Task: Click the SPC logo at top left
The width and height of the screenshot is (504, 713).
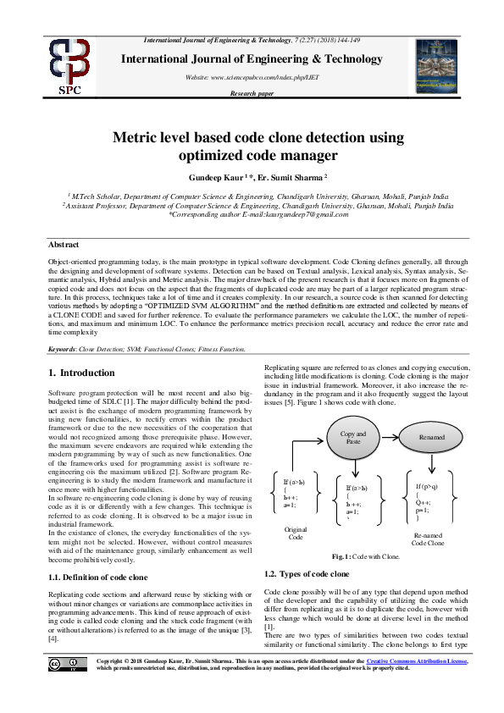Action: tap(69, 66)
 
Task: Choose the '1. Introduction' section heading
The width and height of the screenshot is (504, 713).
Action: tap(83, 373)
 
